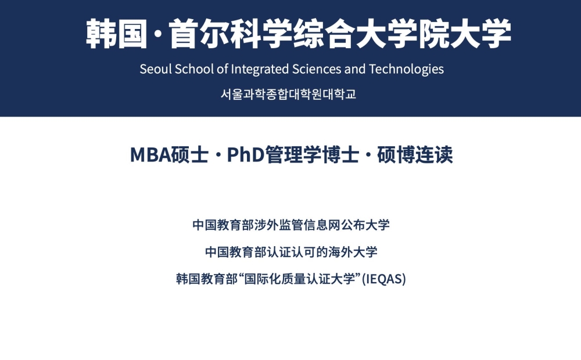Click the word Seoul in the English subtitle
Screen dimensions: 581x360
click(x=156, y=69)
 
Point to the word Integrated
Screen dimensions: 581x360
click(x=260, y=70)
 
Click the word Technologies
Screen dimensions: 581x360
click(x=407, y=70)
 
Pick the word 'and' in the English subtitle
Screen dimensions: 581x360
click(x=355, y=69)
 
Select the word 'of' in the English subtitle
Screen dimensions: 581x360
click(x=223, y=69)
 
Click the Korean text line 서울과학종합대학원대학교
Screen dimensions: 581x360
click(x=289, y=94)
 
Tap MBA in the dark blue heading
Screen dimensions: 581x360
click(x=150, y=155)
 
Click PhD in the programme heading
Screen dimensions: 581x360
click(x=245, y=155)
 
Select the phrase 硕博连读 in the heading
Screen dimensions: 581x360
click(x=415, y=155)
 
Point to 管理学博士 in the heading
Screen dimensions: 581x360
click(x=312, y=155)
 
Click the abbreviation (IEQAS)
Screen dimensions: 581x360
click(x=384, y=279)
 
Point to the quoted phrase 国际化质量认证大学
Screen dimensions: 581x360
click(x=300, y=279)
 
